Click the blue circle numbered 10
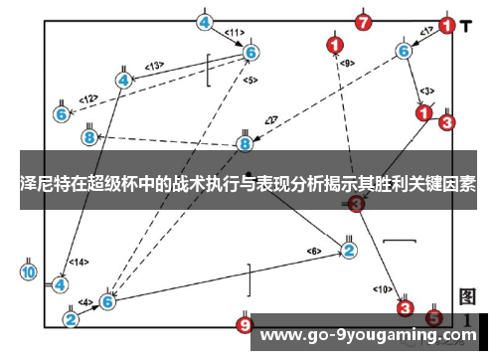point(28,271)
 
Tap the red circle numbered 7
point(364,22)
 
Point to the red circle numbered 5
point(434,318)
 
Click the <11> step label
point(235,33)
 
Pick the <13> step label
point(154,67)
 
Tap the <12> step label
point(88,98)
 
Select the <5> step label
point(249,80)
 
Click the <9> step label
point(346,64)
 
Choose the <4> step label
point(85,301)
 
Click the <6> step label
point(314,250)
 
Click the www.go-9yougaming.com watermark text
point(368,335)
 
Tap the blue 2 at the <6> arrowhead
point(349,250)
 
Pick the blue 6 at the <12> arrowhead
point(62,114)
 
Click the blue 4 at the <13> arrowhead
point(123,80)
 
